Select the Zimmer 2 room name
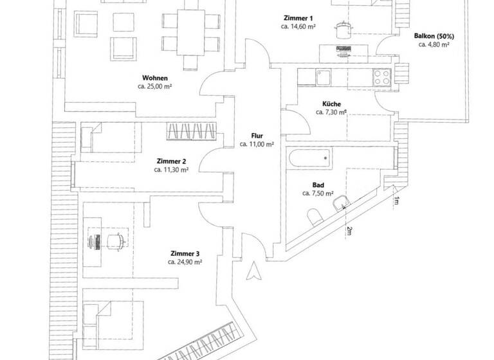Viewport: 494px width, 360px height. [x=171, y=161]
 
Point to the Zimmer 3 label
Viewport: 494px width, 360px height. [x=185, y=253]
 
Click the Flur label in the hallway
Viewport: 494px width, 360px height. [x=257, y=136]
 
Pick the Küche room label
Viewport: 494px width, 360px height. [x=331, y=104]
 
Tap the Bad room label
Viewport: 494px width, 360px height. [x=318, y=184]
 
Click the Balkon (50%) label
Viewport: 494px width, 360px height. [x=434, y=36]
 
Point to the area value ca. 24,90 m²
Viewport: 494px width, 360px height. [x=185, y=262]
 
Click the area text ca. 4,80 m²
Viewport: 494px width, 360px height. [x=434, y=45]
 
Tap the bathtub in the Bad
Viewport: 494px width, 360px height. [x=311, y=157]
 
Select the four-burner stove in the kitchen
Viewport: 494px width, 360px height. [x=381, y=77]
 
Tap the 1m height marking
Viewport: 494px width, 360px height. [x=395, y=202]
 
